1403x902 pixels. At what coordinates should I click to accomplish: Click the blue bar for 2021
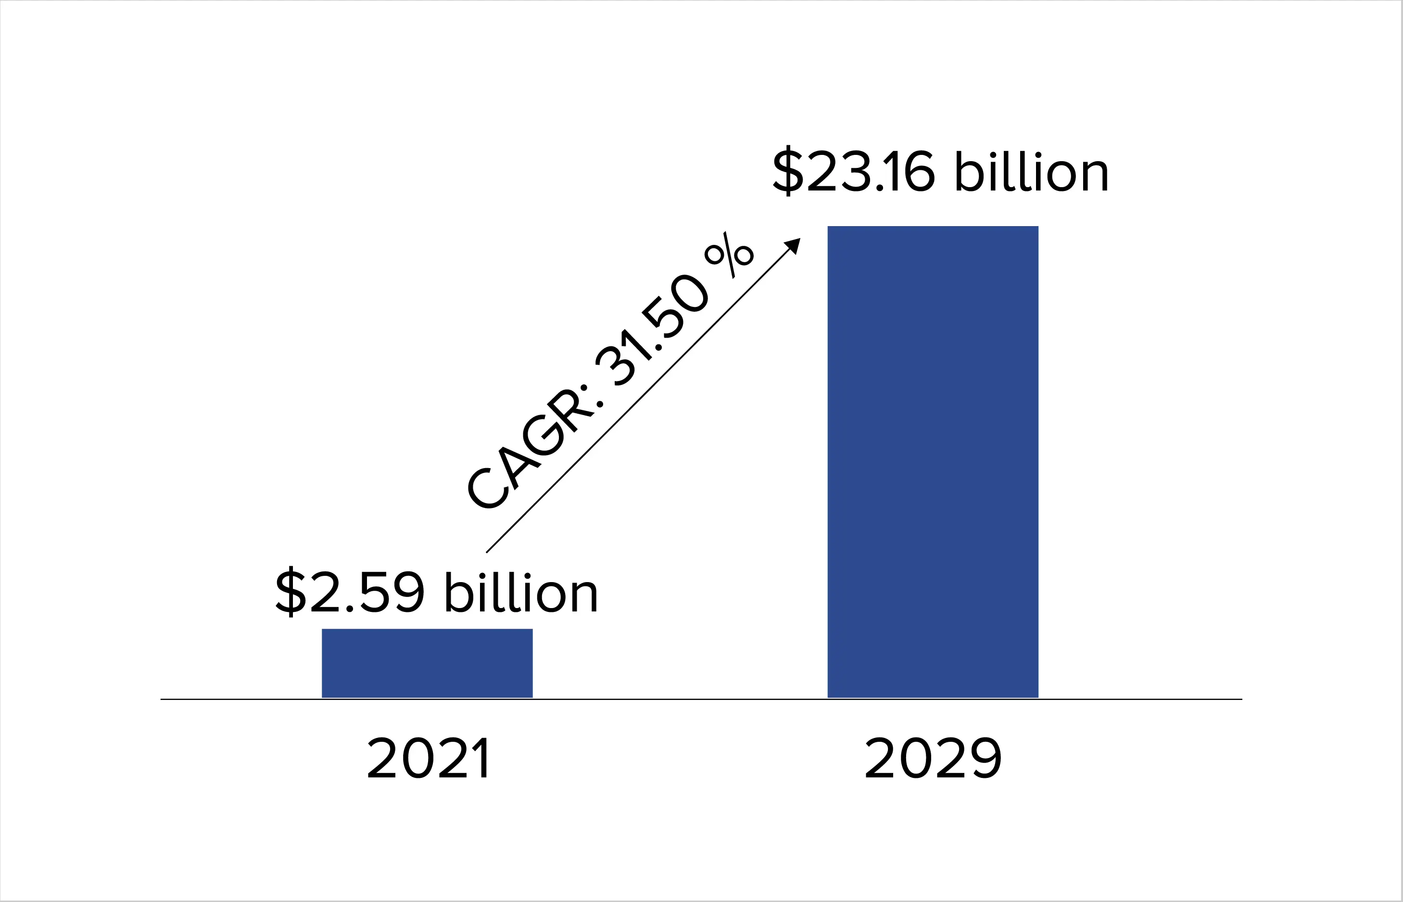tap(427, 663)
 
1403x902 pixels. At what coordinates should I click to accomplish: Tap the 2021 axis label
tap(428, 759)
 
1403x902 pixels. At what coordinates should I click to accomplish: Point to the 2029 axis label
tap(933, 759)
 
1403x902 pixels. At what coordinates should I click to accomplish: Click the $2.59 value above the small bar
tap(350, 592)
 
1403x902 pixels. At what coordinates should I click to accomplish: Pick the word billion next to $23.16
tap(1031, 171)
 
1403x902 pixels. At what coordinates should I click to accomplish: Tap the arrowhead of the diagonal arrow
tap(794, 244)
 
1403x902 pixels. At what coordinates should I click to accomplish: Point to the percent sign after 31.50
tap(729, 255)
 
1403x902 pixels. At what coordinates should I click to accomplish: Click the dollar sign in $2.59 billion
tap(291, 592)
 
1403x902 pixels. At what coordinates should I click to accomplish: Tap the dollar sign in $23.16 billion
tap(788, 171)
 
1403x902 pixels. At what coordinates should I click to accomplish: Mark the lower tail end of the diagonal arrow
tap(487, 551)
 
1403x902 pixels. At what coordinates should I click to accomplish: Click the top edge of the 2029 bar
tap(932, 227)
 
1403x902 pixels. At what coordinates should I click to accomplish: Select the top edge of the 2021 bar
tap(427, 630)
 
